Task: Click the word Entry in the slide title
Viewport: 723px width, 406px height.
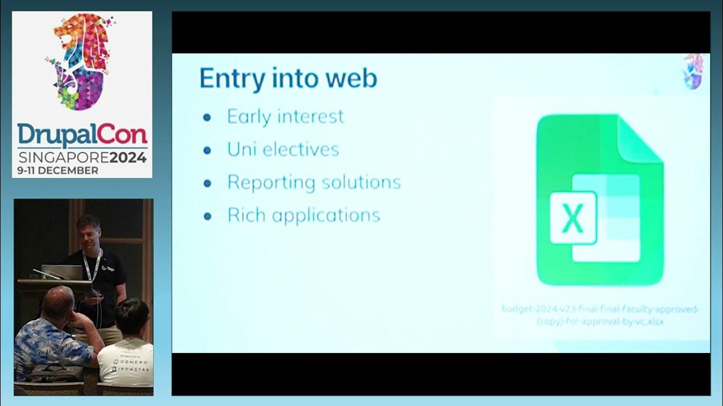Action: point(232,78)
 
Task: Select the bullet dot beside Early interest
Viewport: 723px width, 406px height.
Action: point(207,117)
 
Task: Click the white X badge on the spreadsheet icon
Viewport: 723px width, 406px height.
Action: point(573,218)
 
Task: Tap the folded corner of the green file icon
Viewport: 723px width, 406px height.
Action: point(641,138)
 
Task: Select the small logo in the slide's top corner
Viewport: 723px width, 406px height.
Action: point(694,71)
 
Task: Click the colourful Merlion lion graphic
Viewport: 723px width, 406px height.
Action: point(82,60)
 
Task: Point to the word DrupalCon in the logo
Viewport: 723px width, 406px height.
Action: point(82,136)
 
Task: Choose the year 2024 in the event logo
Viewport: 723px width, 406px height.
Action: point(128,157)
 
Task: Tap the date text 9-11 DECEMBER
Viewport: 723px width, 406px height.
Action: point(58,170)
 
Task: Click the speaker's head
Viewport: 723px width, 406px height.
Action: point(88,228)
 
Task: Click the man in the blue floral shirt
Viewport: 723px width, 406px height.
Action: point(54,338)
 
